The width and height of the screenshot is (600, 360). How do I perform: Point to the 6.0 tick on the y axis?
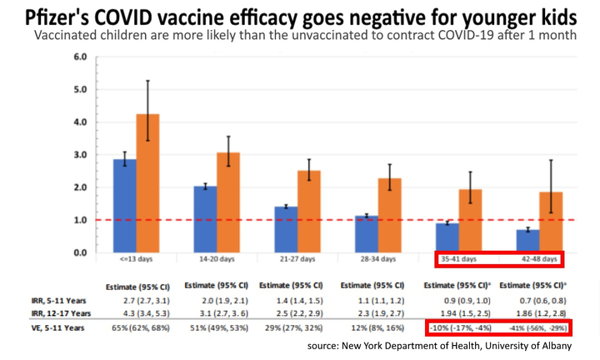point(81,57)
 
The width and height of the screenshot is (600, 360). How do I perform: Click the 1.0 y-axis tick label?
point(81,220)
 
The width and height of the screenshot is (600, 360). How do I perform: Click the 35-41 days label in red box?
point(459,260)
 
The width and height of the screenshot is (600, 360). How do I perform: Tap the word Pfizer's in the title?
point(62,17)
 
